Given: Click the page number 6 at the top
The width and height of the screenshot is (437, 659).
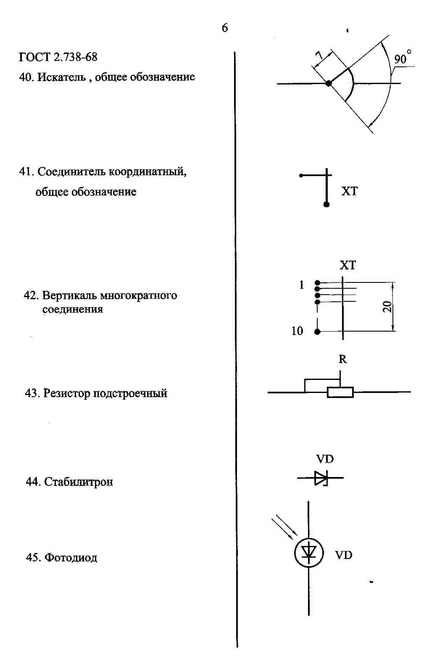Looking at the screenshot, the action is coord(225,28).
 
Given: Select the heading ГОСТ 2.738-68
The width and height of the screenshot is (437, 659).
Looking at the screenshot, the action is coord(58,57).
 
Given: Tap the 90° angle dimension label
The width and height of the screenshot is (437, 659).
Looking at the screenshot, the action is coord(403,57).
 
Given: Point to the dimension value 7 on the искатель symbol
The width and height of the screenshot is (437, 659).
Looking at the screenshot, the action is coord(319,55).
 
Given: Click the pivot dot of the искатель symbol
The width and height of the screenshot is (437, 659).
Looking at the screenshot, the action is coord(329,83).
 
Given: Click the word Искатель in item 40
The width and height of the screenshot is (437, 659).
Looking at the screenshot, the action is coord(61,77).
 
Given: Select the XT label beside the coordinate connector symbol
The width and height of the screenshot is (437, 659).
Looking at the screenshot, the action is coord(349,191).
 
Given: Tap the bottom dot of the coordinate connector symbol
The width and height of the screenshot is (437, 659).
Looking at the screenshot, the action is coord(326,204).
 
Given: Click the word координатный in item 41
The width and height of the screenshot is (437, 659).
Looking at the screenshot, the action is coord(147,171).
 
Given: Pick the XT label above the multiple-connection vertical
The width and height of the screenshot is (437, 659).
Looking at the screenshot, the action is coord(347,265).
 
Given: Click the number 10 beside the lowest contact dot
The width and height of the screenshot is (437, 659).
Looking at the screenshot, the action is coord(297,331).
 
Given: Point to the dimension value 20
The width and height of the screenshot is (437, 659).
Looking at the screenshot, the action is coord(387,306).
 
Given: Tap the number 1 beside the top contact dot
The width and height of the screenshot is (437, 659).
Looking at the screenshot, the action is coord(301,285).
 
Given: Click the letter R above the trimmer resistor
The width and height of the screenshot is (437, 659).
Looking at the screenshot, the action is coord(342,359).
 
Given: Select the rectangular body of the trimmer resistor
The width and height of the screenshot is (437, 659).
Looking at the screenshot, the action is coord(340,393).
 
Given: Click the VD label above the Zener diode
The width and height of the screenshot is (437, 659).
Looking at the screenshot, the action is coord(325,459).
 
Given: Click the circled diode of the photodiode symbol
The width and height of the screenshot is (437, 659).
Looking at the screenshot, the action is coord(309,553).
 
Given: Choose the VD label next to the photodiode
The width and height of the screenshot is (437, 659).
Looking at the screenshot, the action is coord(343,555).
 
